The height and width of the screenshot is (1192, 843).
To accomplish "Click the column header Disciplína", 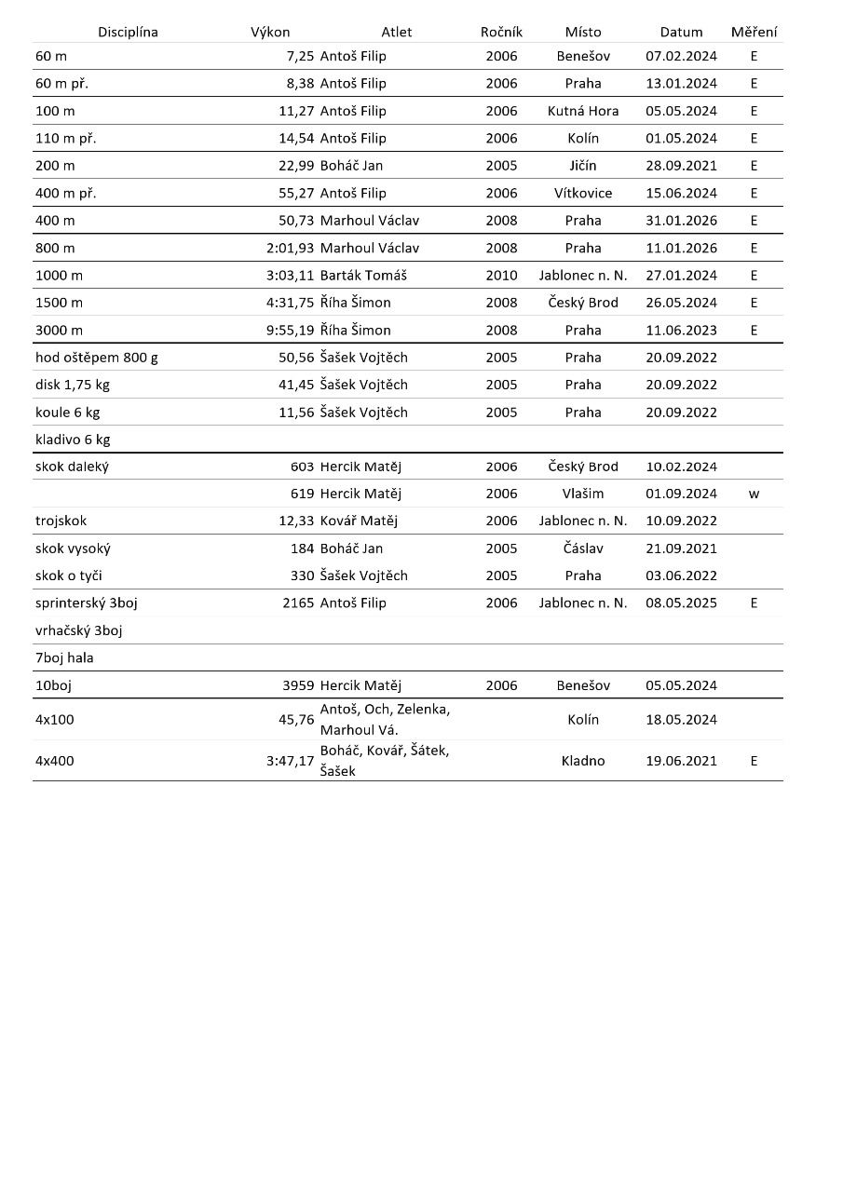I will click(x=128, y=32).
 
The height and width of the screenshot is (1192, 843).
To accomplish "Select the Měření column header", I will click(x=754, y=32).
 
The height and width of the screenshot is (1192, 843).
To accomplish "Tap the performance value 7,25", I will click(x=301, y=56).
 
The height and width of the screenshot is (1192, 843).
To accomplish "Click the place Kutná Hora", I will click(x=583, y=111).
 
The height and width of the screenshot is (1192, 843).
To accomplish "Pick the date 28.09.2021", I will click(x=681, y=166).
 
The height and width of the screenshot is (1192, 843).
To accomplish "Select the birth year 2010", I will click(x=501, y=276).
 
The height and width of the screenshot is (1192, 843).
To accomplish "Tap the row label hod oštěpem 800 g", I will click(x=97, y=358).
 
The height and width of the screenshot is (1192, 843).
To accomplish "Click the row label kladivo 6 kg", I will click(x=73, y=440).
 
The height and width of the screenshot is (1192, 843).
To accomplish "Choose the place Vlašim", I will click(x=583, y=494).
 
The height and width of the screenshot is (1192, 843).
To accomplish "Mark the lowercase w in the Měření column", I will click(x=754, y=494).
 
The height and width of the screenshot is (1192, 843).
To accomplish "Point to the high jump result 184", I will click(x=303, y=549).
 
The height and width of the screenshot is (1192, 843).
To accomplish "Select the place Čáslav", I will click(x=583, y=549).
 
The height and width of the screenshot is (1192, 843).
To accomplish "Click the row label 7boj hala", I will click(x=64, y=657).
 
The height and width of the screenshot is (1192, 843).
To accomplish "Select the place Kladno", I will click(x=583, y=761).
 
